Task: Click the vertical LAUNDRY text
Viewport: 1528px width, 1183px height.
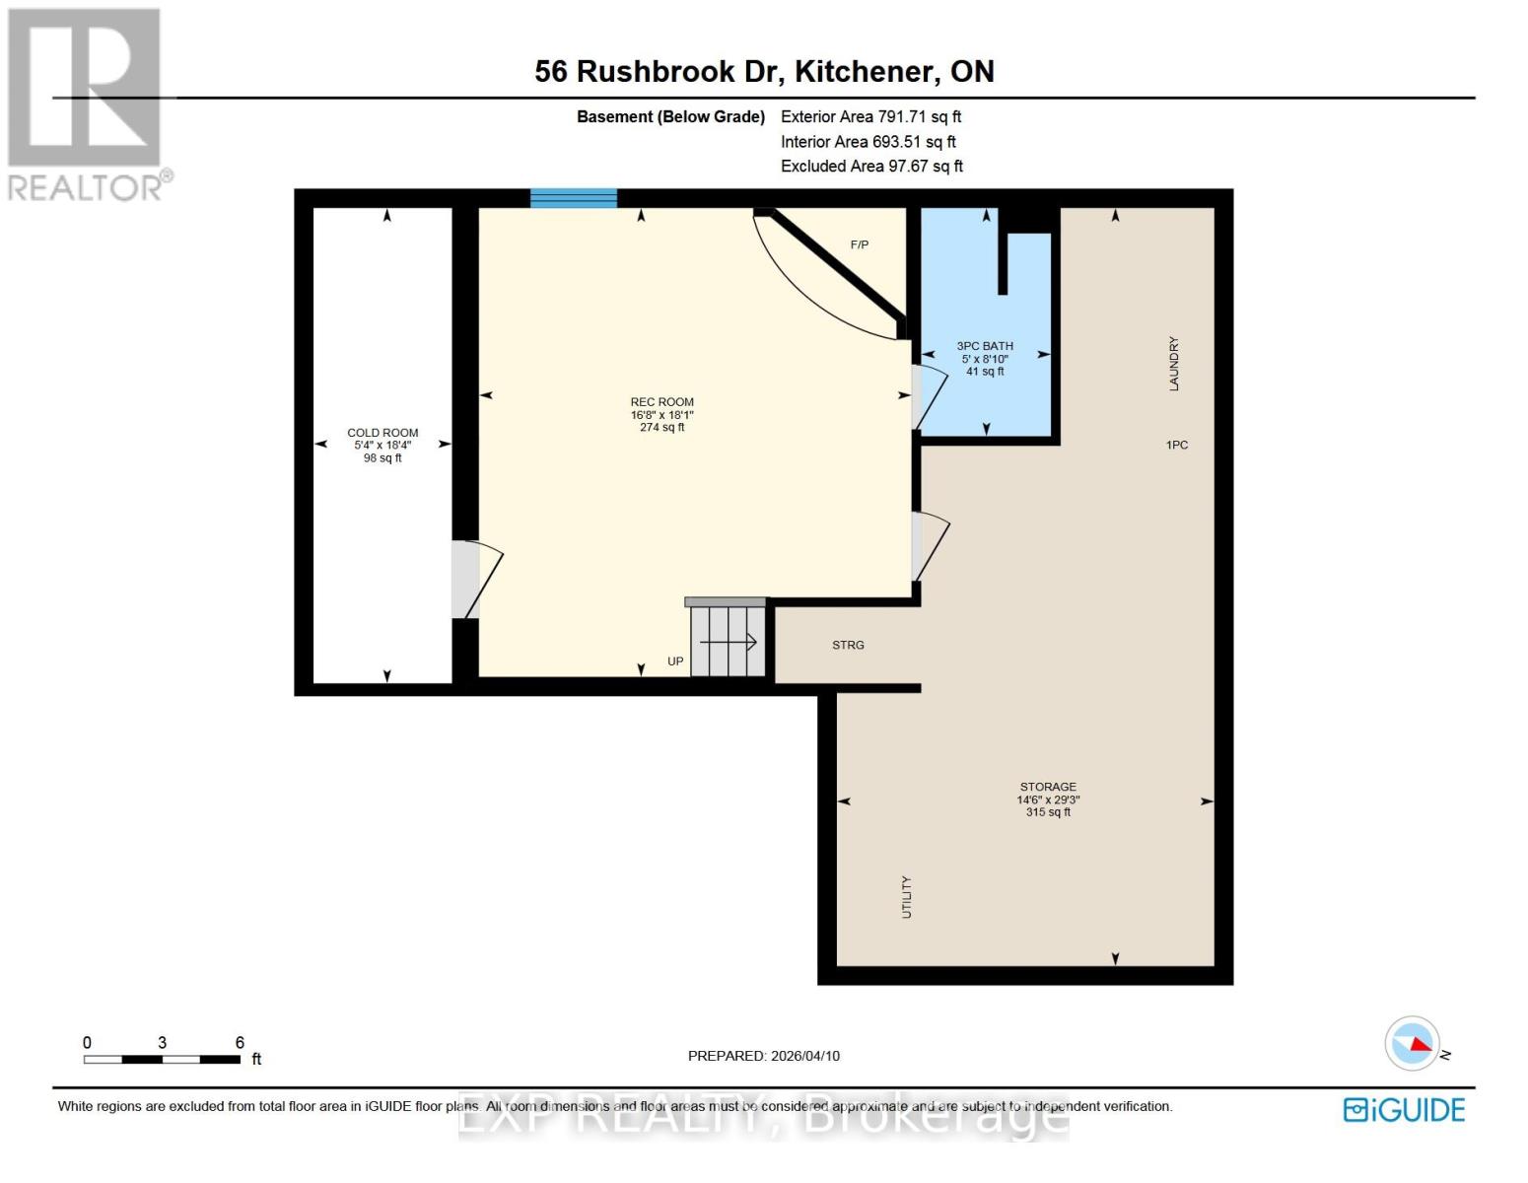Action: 1174,364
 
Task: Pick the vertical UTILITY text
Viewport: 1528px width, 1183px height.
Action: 907,897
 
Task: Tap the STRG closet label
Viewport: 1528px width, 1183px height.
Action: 848,645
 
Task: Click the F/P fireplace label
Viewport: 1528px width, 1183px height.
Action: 860,244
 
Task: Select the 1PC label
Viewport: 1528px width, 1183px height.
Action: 1177,446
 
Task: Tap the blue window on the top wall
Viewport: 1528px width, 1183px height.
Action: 574,198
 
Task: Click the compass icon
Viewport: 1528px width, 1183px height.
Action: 1413,1043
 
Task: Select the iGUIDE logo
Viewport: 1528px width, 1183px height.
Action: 1404,1110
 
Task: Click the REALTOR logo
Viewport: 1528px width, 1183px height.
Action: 87,104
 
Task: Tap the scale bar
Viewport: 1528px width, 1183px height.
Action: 162,1060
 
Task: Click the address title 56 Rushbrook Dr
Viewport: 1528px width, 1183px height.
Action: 764,71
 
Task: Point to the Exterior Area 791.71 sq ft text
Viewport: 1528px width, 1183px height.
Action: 870,116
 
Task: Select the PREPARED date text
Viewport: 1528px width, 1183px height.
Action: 764,1056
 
